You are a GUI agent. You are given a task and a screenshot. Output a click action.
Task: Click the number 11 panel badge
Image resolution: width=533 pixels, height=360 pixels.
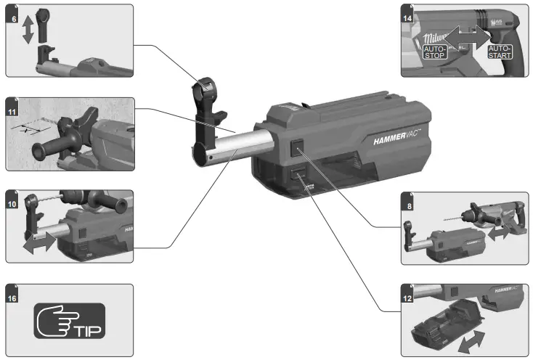pyautogui.click(x=13, y=112)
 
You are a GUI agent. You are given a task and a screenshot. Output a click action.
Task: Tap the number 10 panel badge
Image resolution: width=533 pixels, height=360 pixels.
pyautogui.click(x=13, y=197)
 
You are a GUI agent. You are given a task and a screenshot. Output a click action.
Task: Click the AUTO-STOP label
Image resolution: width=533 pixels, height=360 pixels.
pyautogui.click(x=436, y=52)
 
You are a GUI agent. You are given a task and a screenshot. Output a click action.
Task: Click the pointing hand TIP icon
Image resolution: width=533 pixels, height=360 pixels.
pyautogui.click(x=70, y=322)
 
